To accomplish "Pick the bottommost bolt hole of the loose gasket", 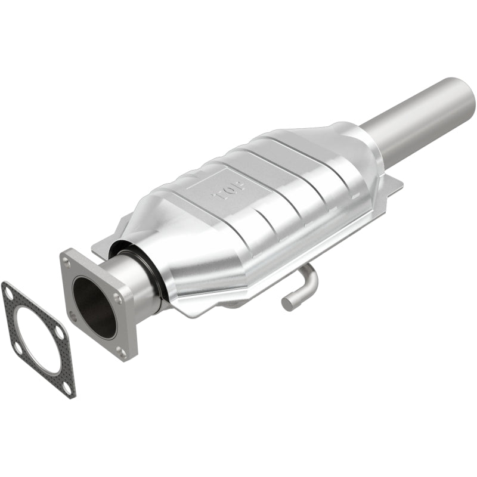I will [67, 388].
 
